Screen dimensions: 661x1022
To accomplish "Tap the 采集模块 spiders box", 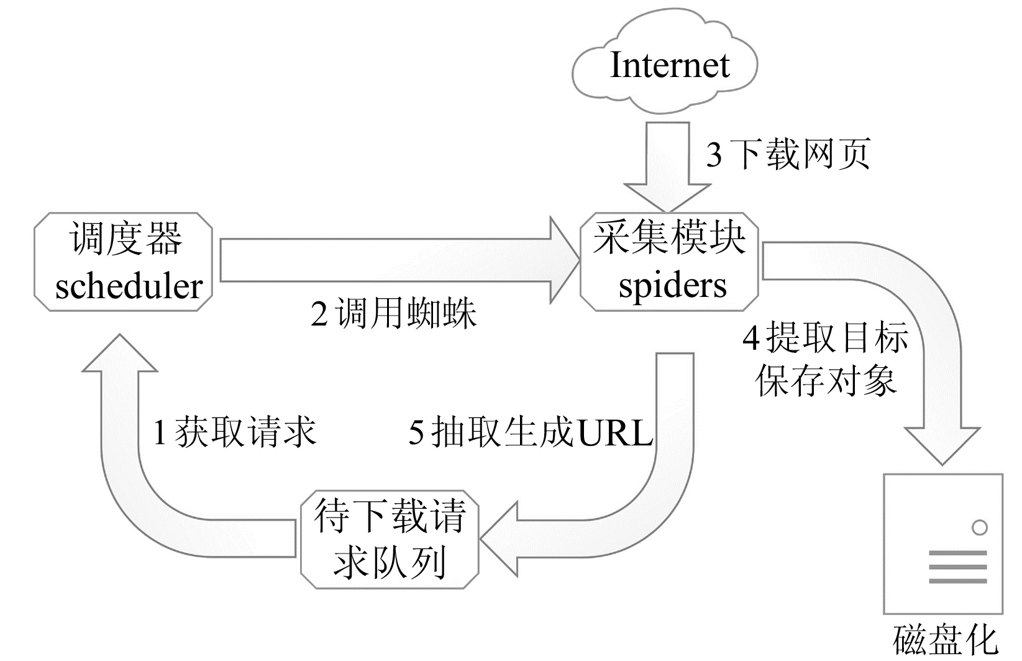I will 670,262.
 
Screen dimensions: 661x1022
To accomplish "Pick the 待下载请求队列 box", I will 390,539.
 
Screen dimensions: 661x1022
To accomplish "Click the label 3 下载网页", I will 788,153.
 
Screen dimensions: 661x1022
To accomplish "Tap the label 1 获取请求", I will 234,431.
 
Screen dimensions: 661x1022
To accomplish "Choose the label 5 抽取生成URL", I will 530,431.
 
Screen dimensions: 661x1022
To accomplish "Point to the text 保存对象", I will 826,379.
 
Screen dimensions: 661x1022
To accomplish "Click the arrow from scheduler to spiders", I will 398,261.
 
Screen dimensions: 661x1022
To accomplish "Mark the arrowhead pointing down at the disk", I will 942,444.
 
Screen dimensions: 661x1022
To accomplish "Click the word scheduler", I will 129,286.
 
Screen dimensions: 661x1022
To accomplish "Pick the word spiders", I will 672,286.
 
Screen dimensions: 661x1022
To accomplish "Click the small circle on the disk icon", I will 980,527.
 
